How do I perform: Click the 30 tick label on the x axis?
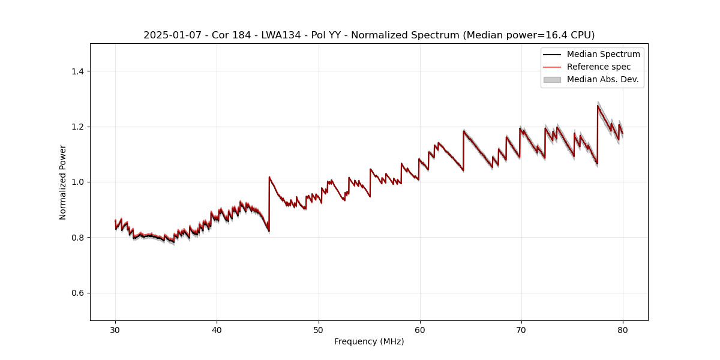click(115, 329)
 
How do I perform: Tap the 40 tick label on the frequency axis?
click(217, 329)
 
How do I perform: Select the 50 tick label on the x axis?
click(319, 329)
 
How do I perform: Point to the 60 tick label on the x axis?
click(420, 329)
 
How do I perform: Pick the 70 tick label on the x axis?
click(521, 329)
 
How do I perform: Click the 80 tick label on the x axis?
click(623, 329)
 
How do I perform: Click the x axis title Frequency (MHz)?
click(369, 342)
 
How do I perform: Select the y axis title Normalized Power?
click(63, 182)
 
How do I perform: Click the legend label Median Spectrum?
click(603, 54)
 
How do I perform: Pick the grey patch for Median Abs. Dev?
click(552, 79)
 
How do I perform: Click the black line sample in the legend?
click(552, 54)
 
